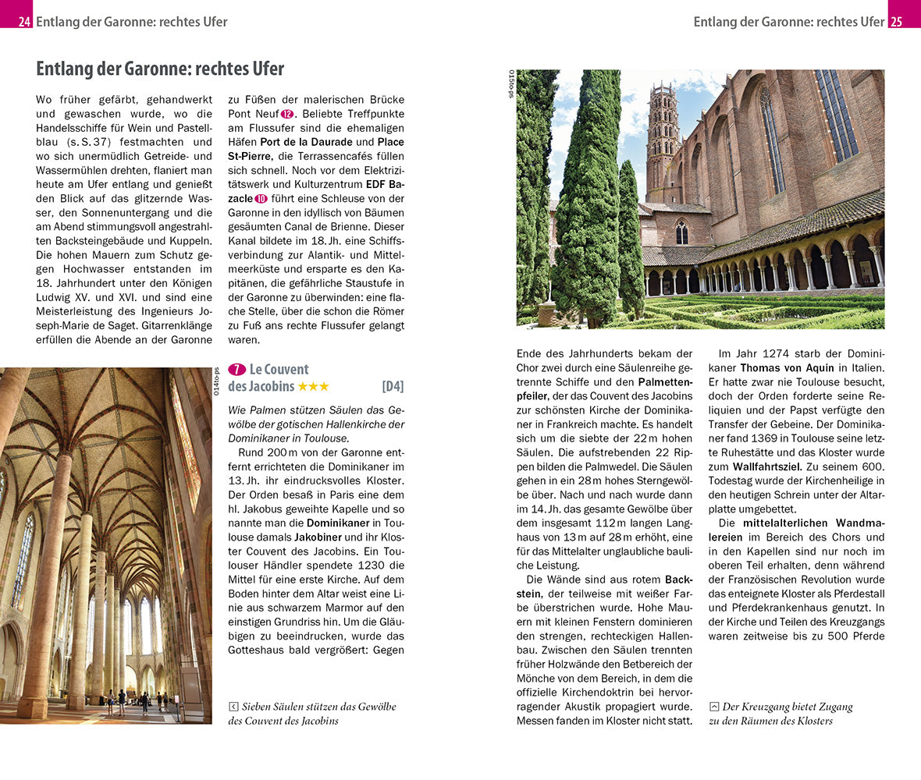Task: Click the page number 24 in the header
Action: (24, 22)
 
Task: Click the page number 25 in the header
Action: (896, 22)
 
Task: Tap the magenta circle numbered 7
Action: (236, 370)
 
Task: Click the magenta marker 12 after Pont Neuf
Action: (286, 114)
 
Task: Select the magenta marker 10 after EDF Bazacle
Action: (261, 199)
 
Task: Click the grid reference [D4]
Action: (393, 386)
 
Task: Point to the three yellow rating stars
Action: (314, 387)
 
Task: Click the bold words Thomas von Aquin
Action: (787, 367)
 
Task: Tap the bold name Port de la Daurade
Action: (306, 142)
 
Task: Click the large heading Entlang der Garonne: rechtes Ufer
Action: (160, 69)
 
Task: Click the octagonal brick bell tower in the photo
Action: (663, 140)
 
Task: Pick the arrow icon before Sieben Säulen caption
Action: (233, 707)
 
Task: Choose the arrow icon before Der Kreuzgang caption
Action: (713, 707)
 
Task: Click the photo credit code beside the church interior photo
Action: (217, 381)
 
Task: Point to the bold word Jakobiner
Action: (318, 537)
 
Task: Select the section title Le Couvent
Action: (279, 370)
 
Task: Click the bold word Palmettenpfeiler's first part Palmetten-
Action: (665, 382)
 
